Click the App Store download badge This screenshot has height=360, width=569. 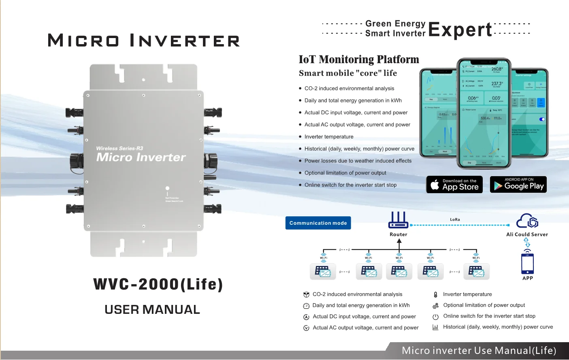[454, 185]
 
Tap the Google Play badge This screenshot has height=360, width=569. [518, 185]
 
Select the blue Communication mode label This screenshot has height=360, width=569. [318, 223]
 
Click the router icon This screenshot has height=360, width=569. [399, 220]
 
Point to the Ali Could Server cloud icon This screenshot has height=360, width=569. [527, 221]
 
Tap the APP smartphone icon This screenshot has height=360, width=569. [527, 264]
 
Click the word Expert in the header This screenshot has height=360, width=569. [460, 30]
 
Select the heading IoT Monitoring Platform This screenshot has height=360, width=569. [359, 60]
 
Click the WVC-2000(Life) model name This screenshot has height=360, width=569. [158, 284]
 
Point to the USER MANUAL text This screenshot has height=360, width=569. [152, 310]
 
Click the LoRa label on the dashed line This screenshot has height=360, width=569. [455, 219]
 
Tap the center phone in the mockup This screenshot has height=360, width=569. [484, 113]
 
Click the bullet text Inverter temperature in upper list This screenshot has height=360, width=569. [329, 137]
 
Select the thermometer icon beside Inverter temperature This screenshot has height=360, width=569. [435, 295]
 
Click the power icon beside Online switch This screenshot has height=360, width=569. [435, 317]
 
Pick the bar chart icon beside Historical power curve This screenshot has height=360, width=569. [435, 327]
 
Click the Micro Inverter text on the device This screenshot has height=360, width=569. [141, 157]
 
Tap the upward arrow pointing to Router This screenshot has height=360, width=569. [399, 242]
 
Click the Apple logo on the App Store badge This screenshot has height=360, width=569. [435, 185]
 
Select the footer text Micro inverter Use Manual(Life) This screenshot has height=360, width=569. [479, 351]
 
